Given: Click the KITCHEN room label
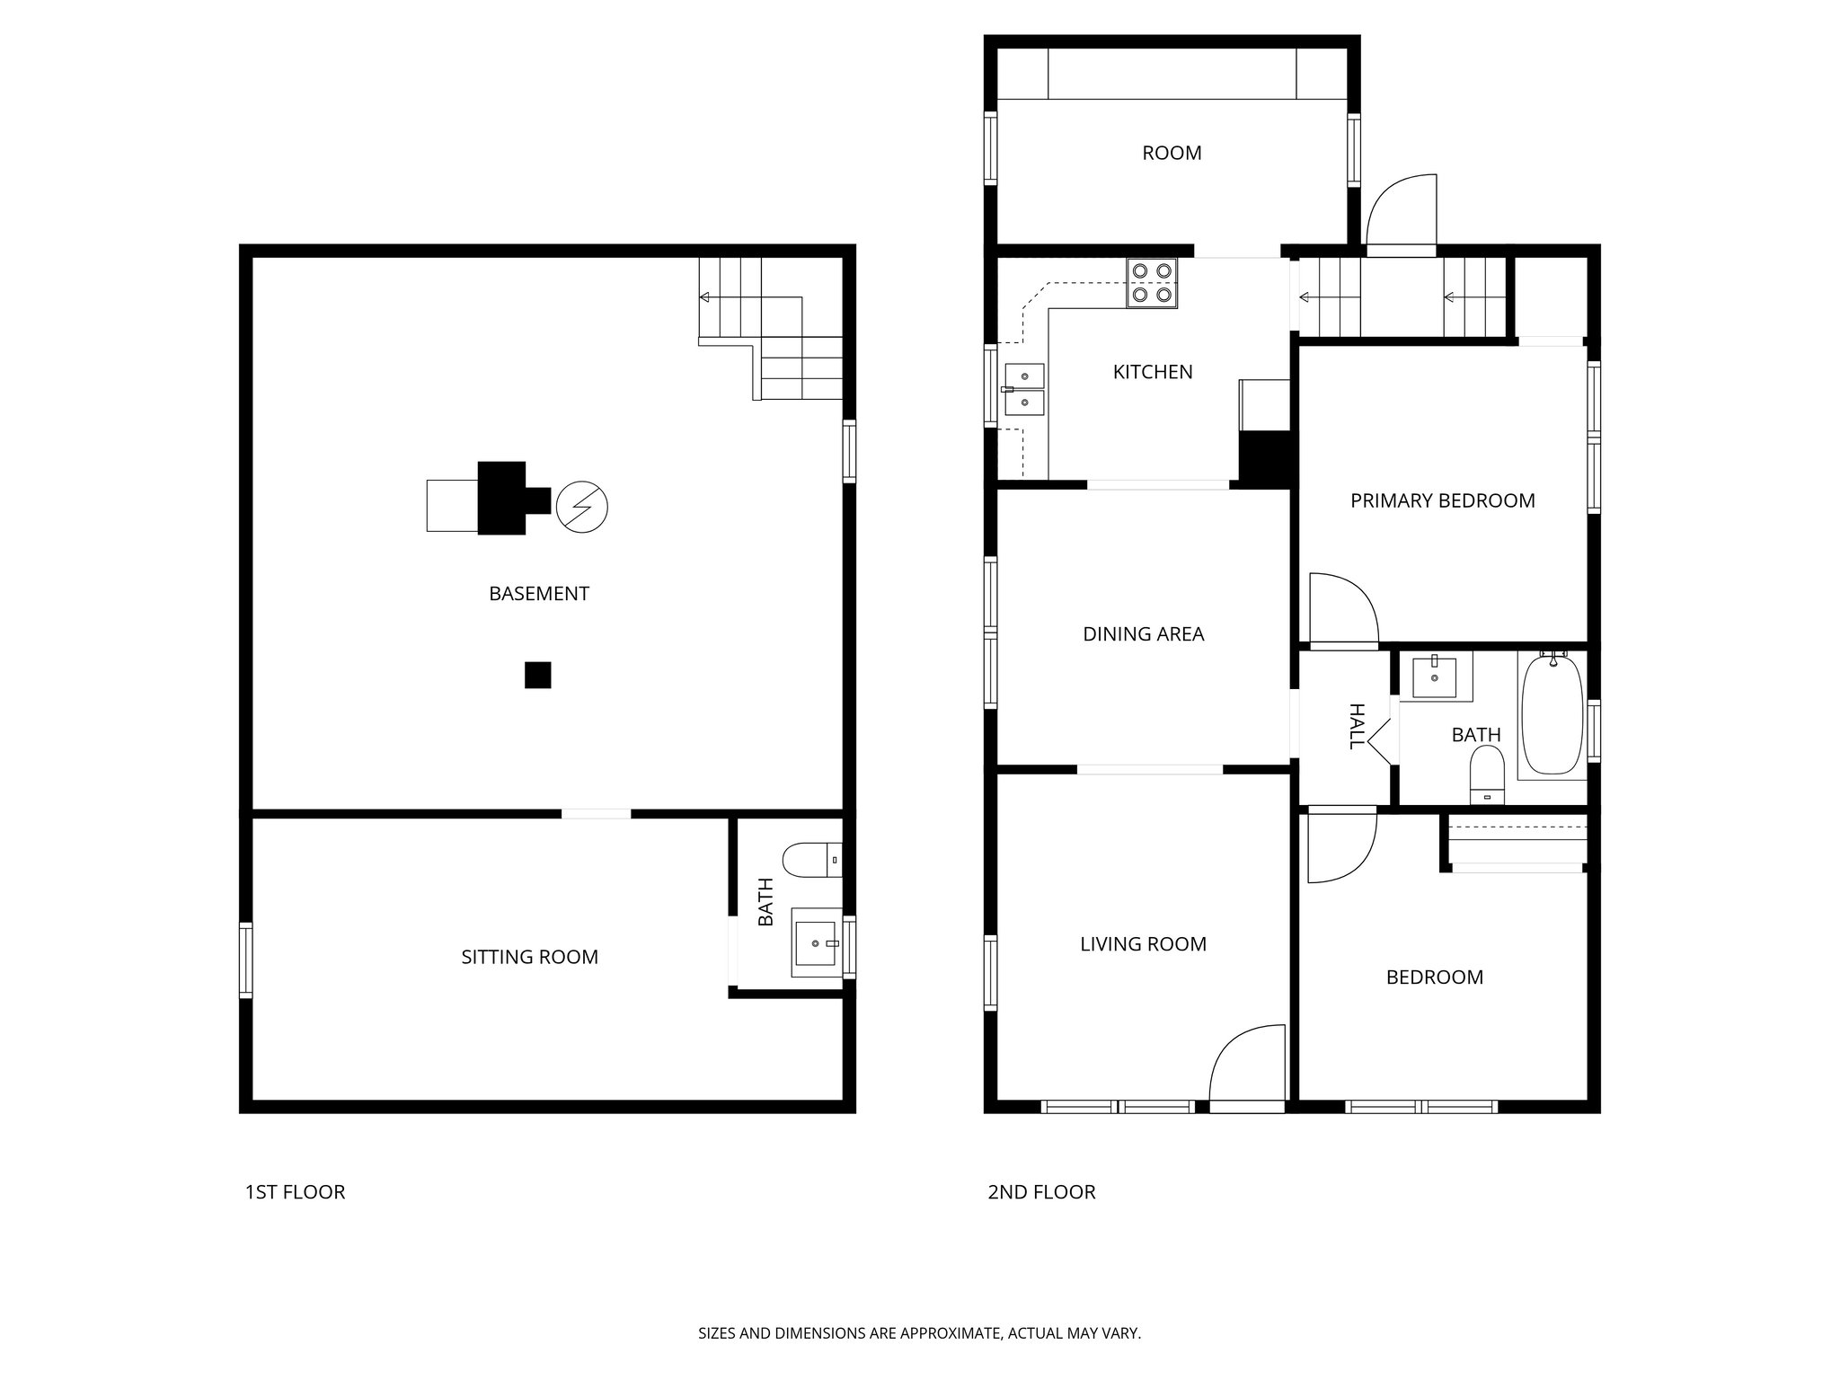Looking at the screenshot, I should [1152, 372].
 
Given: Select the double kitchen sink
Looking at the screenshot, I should [1024, 390].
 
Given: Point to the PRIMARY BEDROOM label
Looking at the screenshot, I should [1442, 500].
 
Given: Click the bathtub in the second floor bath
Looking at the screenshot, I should [1552, 715].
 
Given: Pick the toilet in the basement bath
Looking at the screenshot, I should [809, 860].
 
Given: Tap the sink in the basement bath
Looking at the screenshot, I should [815, 942].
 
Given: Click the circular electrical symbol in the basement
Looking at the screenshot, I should [581, 508].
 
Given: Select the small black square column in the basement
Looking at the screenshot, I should [537, 675].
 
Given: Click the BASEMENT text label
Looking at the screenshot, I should [538, 594].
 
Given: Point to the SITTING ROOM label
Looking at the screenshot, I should [529, 958].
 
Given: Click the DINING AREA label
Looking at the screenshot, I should [1143, 634].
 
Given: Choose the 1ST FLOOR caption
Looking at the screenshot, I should [295, 1192].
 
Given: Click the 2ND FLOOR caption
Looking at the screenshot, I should [1041, 1192].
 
